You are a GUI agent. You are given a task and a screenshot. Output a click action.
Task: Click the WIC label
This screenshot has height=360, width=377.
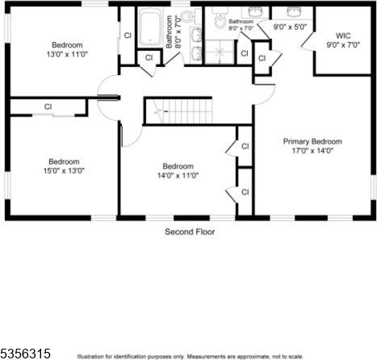point(342,36)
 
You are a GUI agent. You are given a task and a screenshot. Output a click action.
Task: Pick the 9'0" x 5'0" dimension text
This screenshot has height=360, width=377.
point(290,27)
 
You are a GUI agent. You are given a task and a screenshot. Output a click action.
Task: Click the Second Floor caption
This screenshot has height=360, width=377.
point(190,232)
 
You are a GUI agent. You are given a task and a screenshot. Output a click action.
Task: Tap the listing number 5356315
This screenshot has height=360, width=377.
point(26,354)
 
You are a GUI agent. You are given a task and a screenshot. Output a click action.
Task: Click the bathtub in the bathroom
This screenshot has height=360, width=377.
point(151,28)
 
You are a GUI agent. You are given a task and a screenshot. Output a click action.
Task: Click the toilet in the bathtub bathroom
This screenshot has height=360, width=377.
point(186,16)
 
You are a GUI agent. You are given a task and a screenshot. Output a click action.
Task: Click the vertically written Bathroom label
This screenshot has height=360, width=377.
point(170,31)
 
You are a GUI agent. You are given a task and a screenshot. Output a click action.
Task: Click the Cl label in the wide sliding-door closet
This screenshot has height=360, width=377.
point(48,107)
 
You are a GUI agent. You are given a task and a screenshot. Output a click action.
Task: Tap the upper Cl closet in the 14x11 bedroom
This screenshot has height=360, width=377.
point(245,146)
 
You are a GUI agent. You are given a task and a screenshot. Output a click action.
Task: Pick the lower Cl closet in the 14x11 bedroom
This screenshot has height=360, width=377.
point(245,192)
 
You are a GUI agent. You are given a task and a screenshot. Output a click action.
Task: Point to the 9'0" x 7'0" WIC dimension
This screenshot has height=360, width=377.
point(342,45)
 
